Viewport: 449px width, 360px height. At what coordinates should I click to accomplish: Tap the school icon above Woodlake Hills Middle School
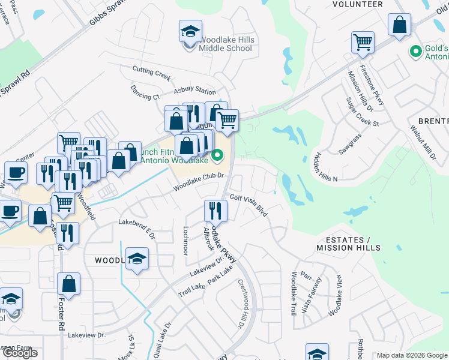pos(190,31)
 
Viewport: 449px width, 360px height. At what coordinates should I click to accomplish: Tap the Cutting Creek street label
pos(152,74)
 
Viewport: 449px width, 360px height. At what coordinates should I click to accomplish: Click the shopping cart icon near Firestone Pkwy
pos(363,43)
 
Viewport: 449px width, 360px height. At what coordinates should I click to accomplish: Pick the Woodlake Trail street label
pos(294,294)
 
